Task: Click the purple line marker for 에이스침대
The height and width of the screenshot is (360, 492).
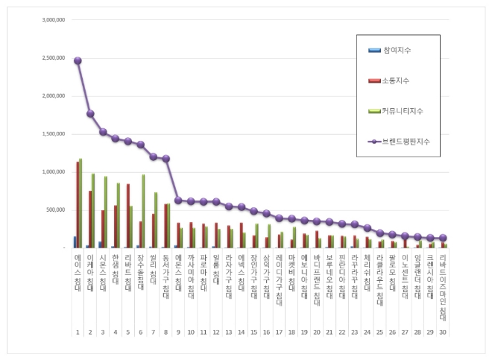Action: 78,60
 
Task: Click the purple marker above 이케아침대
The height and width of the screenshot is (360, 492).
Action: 90,114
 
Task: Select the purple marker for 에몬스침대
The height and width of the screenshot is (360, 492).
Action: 178,200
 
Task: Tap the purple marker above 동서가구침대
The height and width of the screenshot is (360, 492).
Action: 165,159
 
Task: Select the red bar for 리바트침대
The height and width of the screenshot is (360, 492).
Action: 127,215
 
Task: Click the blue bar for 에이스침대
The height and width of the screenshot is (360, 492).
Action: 75,241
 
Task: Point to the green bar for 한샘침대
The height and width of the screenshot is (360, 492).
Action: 118,215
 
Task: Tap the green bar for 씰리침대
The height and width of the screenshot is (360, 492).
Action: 156,220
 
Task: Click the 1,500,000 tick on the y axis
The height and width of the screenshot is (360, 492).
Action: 51,134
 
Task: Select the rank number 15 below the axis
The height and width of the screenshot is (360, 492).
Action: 253,332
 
